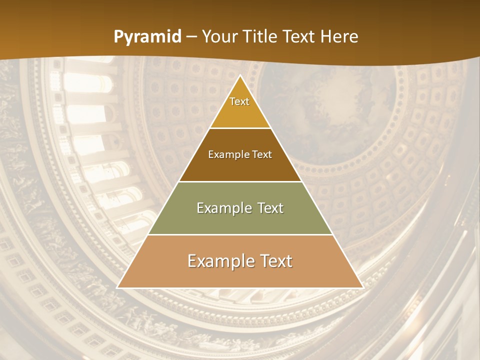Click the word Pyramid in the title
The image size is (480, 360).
[147, 37]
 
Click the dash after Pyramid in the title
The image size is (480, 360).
[191, 37]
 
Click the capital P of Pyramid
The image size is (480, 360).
[118, 36]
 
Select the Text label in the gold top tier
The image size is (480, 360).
[239, 101]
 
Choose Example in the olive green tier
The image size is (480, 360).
[223, 208]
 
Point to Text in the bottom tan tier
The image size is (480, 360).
[275, 261]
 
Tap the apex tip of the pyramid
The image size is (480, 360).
[240, 76]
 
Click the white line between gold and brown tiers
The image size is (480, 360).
[240, 128]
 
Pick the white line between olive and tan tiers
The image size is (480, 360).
[240, 234]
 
